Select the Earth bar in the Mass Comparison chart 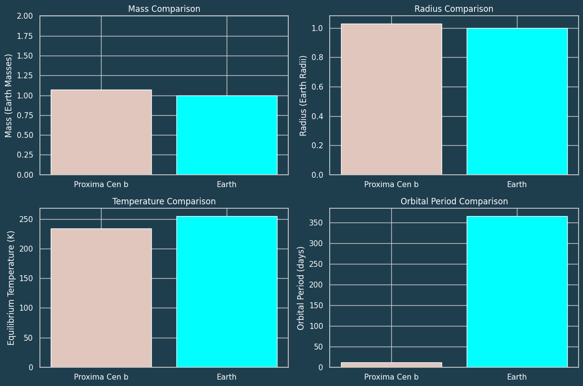click(x=227, y=135)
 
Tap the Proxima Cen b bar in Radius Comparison click(x=391, y=99)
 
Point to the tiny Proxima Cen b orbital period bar click(x=391, y=365)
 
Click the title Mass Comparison click(x=164, y=9)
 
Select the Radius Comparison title click(x=453, y=9)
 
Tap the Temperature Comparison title click(x=164, y=201)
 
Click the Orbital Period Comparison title click(x=453, y=201)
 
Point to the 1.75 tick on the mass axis click(x=24, y=36)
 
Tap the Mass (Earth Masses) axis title click(x=9, y=96)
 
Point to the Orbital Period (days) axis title click(x=301, y=288)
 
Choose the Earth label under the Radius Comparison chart click(x=517, y=185)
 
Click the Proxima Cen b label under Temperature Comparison click(x=101, y=377)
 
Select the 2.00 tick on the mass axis click(x=24, y=16)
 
